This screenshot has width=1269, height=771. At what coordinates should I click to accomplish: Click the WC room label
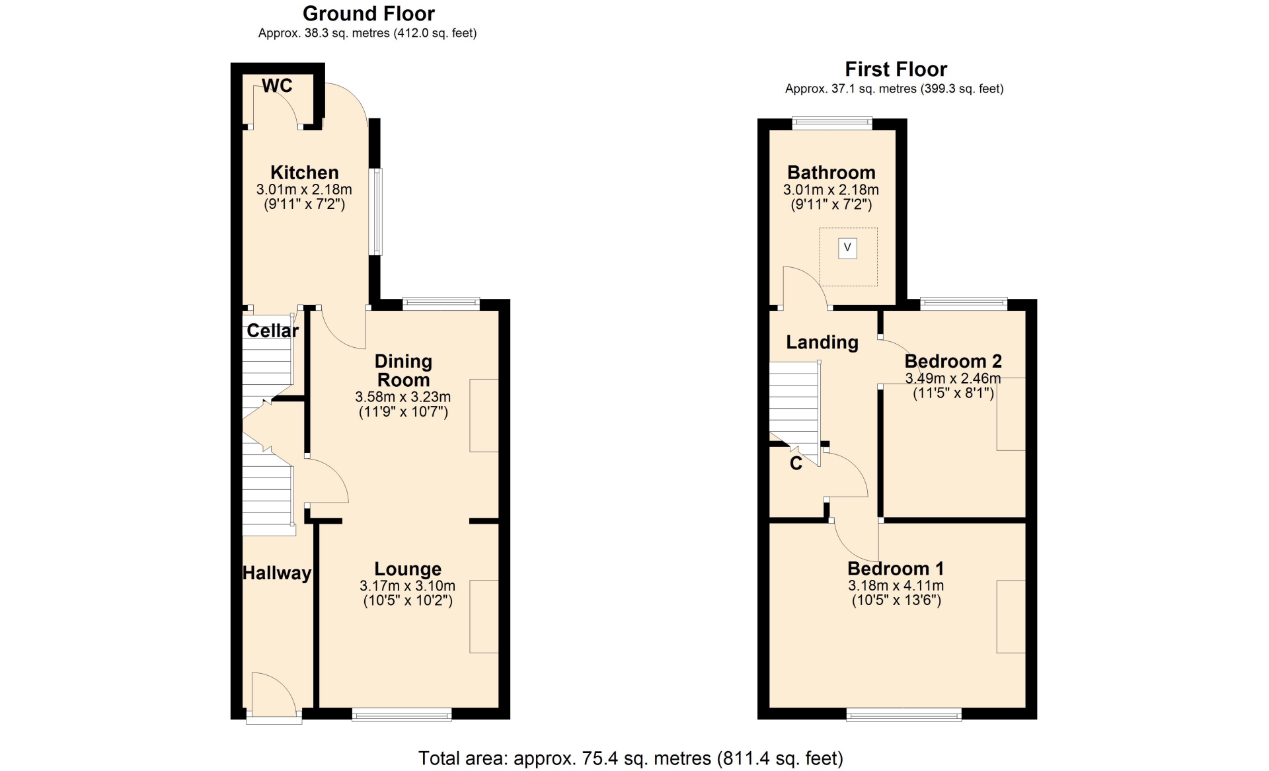(277, 85)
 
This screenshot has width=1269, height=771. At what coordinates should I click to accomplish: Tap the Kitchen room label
(305, 173)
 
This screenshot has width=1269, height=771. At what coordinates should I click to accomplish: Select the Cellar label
(272, 331)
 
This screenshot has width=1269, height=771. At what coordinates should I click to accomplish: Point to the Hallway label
(277, 573)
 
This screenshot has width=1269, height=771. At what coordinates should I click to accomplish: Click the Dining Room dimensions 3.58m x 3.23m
(403, 397)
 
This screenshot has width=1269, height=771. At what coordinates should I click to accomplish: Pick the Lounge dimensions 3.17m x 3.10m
(408, 586)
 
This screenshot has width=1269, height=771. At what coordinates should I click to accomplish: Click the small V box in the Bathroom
(847, 248)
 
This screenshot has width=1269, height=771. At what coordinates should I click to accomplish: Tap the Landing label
(822, 343)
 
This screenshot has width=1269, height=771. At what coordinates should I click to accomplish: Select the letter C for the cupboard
(796, 464)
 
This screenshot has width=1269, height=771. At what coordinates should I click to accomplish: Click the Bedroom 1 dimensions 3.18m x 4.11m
(896, 586)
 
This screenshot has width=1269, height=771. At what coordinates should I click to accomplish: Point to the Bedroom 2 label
(953, 361)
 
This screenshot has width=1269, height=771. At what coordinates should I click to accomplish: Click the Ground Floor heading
(369, 13)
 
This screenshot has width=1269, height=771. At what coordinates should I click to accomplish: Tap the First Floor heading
(896, 69)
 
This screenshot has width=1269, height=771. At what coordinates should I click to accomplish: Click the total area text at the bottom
(631, 758)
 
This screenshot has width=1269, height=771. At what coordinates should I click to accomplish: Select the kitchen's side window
(375, 212)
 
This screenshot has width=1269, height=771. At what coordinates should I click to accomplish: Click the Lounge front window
(402, 714)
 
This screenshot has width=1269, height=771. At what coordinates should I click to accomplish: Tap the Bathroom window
(832, 122)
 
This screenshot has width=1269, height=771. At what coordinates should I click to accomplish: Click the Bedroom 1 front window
(904, 714)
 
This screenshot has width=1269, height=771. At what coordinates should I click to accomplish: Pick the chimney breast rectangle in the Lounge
(484, 617)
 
